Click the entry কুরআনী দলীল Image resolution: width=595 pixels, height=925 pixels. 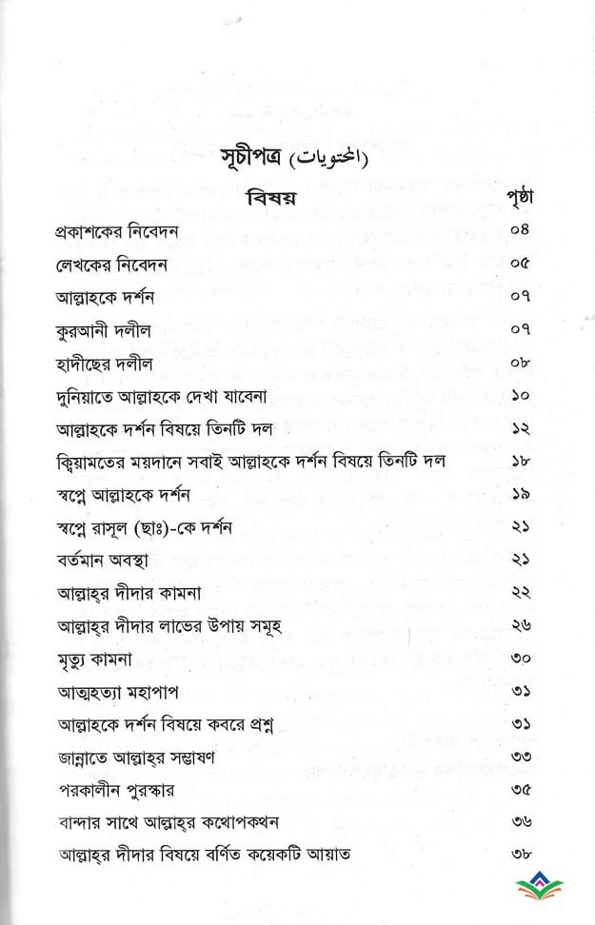pyautogui.click(x=97, y=330)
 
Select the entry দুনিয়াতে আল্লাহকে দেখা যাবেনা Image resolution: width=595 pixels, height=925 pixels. pyautogui.click(x=147, y=396)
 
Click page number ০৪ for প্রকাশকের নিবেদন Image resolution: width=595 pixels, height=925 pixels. pyautogui.click(x=522, y=231)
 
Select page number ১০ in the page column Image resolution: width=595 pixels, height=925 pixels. pyautogui.click(x=522, y=396)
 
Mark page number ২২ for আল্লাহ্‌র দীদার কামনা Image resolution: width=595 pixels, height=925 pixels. pyautogui.click(x=522, y=593)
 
